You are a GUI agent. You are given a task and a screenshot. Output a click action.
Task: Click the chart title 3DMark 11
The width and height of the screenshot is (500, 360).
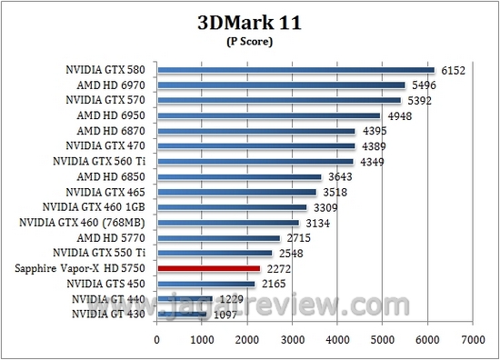[250, 22]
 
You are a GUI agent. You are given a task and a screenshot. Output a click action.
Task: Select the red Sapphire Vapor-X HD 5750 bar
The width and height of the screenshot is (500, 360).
[209, 269]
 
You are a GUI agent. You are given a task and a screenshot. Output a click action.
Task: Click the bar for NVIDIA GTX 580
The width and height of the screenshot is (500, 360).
[295, 70]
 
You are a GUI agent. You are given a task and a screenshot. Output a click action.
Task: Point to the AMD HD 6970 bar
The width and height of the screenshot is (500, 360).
[281, 85]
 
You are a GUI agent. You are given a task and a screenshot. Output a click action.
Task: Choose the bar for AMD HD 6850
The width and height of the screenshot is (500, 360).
[239, 177]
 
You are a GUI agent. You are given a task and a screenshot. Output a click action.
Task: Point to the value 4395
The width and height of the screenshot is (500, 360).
[375, 131]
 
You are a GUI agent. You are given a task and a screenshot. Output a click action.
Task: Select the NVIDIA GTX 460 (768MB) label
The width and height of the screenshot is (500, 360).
[84, 223]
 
